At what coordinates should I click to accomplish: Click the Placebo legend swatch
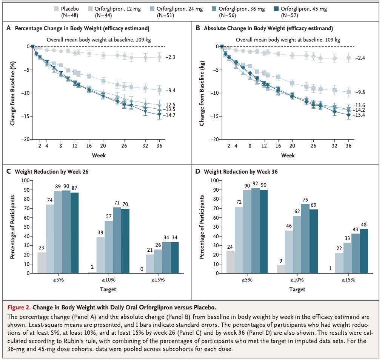(55, 8)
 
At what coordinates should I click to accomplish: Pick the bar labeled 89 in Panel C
(58, 232)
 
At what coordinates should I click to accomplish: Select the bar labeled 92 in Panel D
(256, 230)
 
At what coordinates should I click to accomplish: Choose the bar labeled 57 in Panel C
(109, 247)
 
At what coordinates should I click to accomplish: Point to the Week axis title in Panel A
(99, 155)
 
